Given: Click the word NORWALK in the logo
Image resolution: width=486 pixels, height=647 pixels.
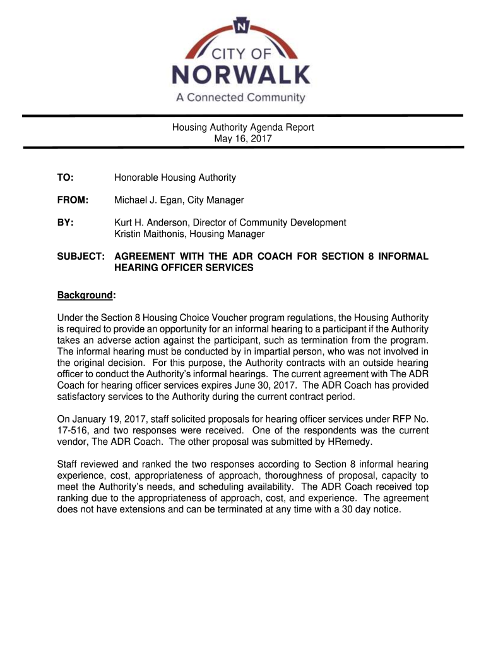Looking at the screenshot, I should (x=242, y=76).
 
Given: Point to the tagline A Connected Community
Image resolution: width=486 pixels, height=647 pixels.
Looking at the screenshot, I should (x=240, y=99).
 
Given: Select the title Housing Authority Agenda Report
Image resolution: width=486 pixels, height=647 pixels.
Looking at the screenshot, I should (x=243, y=127).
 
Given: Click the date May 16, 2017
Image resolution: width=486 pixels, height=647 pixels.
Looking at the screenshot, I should (x=243, y=138).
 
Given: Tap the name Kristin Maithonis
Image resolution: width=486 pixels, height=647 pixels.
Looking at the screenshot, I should (x=149, y=234).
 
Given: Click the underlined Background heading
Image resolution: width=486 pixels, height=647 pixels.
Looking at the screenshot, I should (x=85, y=295).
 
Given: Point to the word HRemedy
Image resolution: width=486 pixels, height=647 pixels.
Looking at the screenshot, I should (x=354, y=442).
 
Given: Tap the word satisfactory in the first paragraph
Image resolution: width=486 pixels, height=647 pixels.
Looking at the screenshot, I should (x=85, y=397).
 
